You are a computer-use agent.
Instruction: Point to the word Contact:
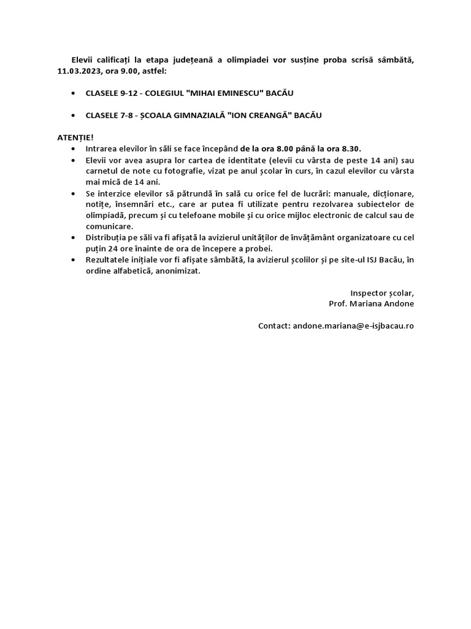point(274,326)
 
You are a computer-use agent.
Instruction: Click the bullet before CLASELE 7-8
point(74,115)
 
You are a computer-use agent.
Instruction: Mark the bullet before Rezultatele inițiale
point(74,260)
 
